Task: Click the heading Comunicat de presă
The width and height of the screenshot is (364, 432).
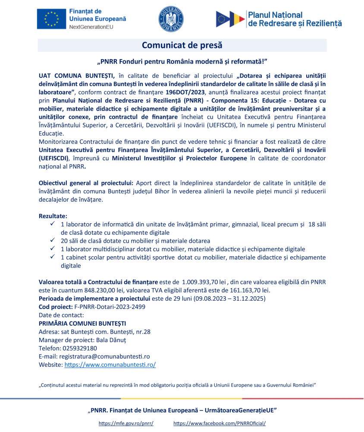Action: click(182, 45)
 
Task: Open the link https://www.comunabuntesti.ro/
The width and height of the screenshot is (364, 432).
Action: click(110, 365)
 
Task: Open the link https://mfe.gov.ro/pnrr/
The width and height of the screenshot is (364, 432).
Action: click(126, 423)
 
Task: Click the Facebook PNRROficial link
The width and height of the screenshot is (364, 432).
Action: click(220, 423)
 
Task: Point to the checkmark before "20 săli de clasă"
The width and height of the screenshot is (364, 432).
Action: click(52, 240)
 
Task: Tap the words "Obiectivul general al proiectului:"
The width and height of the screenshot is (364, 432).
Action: click(85, 183)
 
